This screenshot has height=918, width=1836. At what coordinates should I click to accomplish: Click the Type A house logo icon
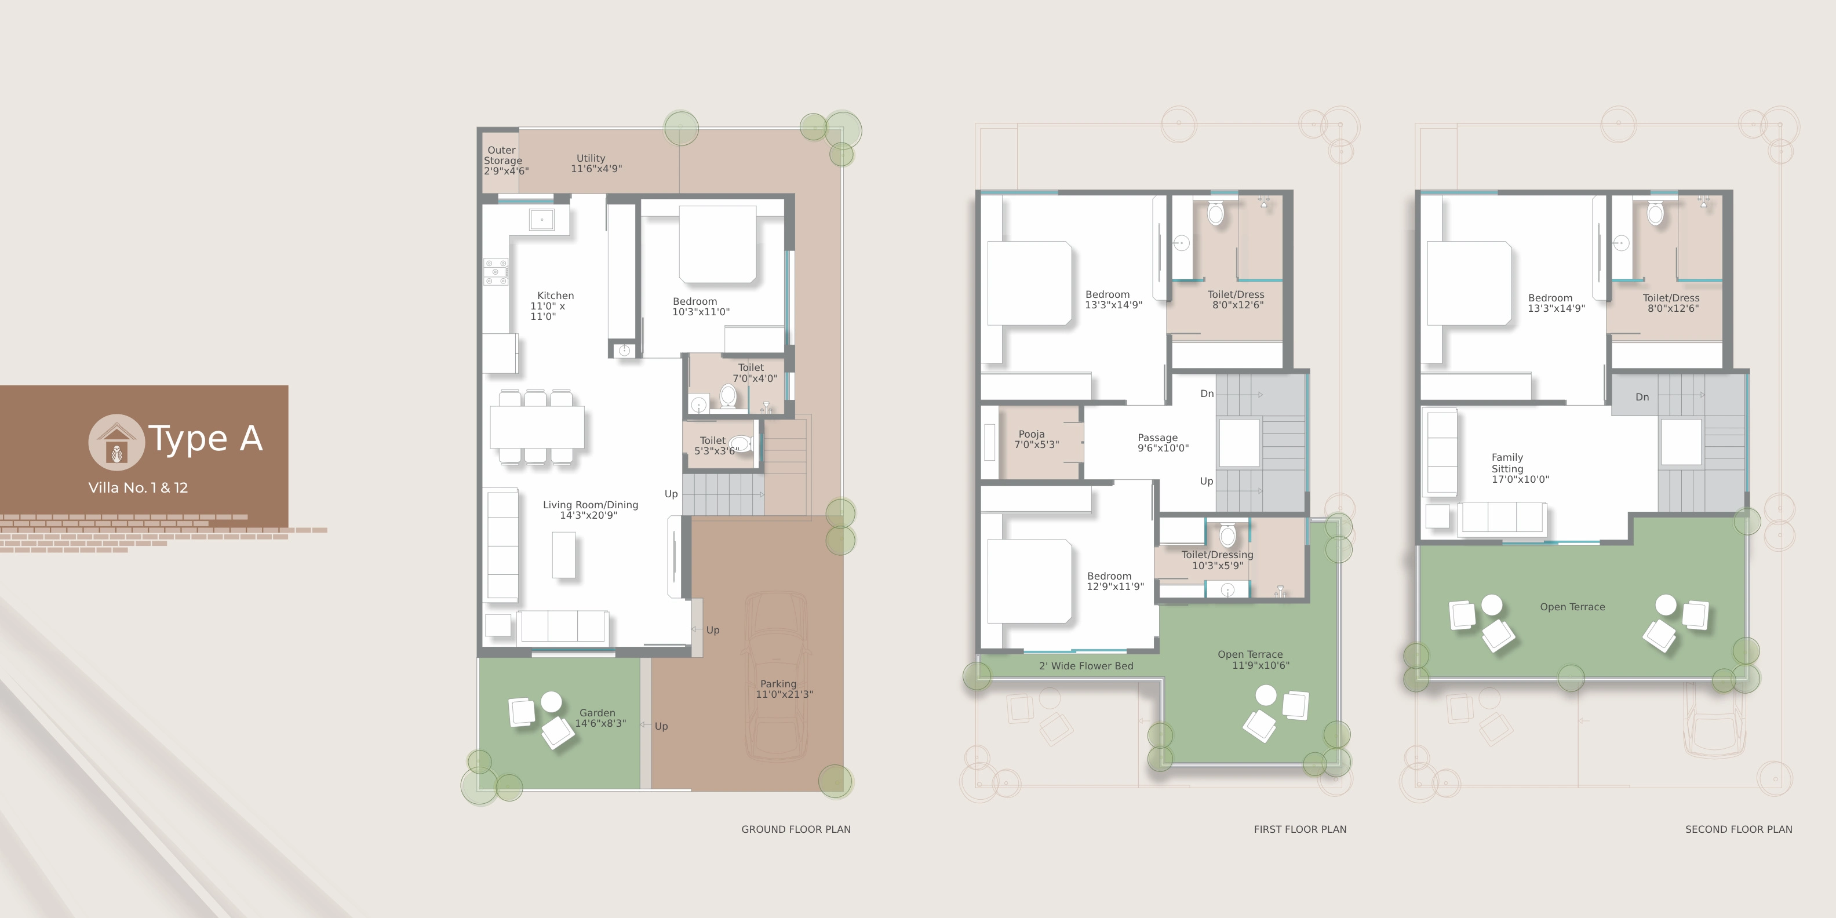pos(116,442)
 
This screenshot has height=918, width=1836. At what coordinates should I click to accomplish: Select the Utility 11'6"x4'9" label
pos(596,163)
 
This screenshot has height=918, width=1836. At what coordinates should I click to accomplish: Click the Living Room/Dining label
pos(590,509)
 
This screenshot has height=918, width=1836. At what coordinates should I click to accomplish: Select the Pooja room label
pos(1036,439)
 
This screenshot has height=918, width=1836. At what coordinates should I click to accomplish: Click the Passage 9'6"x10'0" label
pos(1163,443)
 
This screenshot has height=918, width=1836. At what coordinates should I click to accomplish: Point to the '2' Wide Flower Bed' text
pos(1085,666)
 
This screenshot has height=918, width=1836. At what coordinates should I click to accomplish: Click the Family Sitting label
pos(1520,468)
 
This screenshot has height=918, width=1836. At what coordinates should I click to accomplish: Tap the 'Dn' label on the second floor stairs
pos(1642,397)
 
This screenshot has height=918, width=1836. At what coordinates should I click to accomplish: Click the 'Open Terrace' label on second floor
pos(1572,607)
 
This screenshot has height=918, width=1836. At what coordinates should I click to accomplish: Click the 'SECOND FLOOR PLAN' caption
pos(1739,829)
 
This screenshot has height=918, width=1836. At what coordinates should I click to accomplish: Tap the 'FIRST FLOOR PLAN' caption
pos(1300,829)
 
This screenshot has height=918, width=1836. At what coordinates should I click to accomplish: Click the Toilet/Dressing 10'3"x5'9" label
pos(1218,559)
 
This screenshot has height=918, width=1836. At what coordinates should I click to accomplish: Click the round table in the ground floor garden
pos(551,702)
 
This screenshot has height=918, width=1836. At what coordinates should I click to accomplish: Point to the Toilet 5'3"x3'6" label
pos(716,446)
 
